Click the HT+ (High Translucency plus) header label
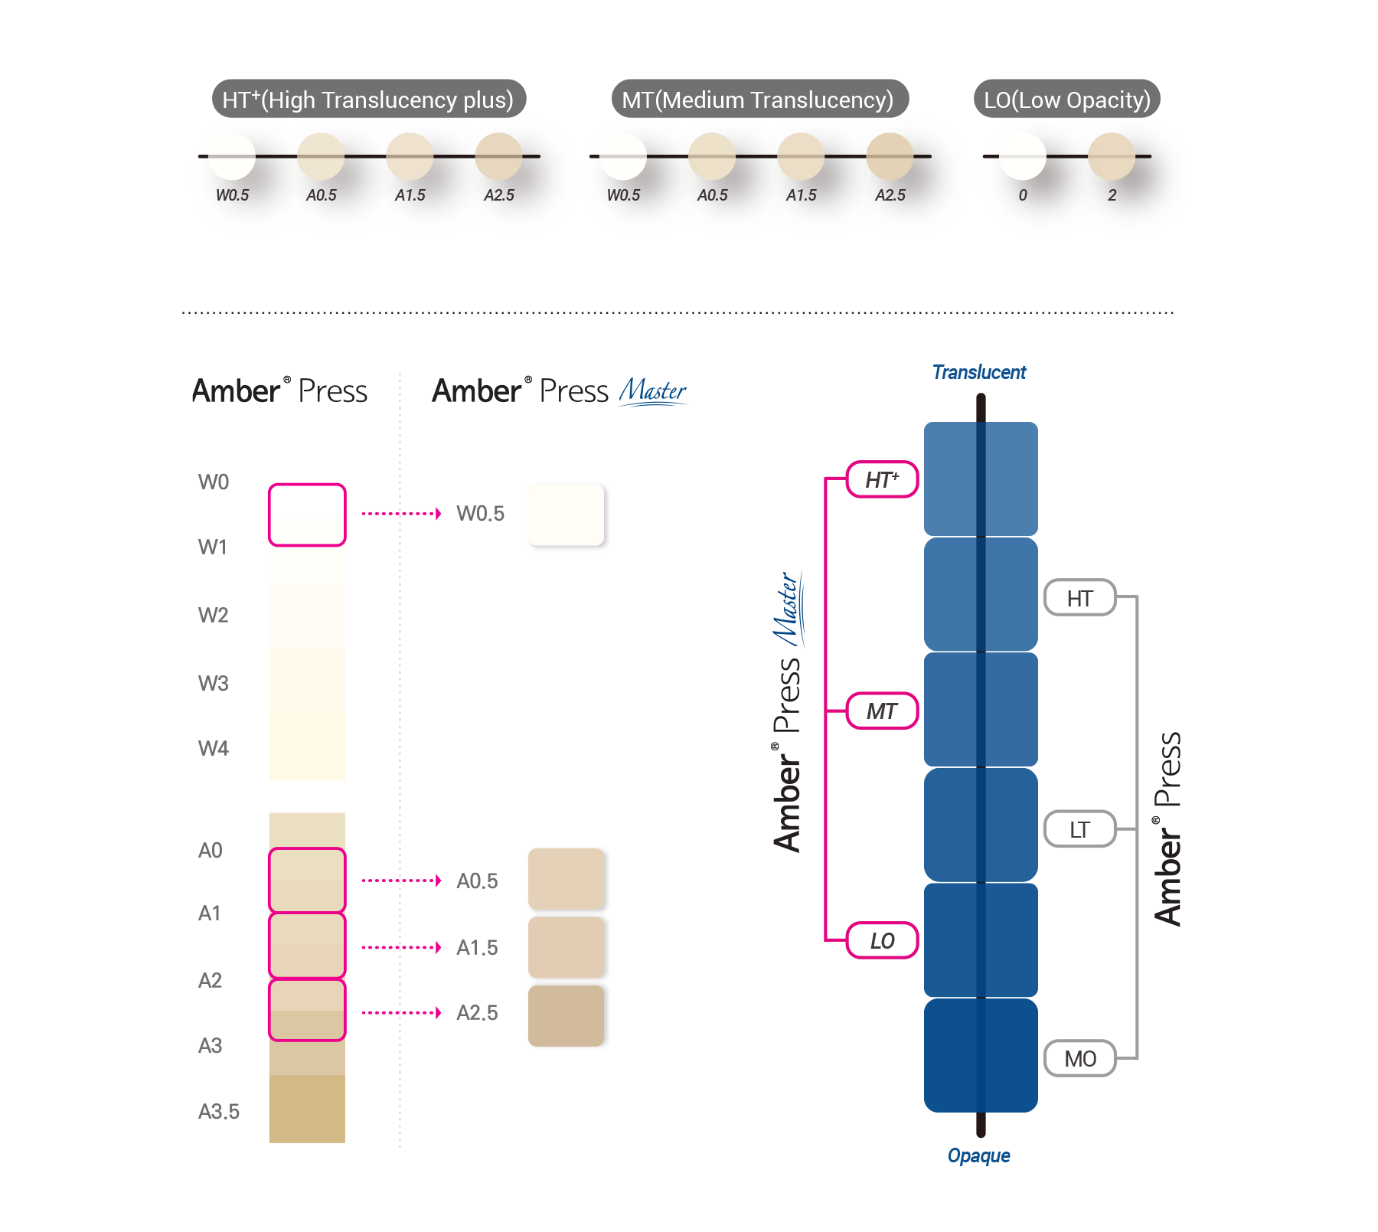(x=368, y=100)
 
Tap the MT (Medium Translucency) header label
(x=758, y=100)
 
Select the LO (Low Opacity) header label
(x=1067, y=100)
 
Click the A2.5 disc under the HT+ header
(x=498, y=156)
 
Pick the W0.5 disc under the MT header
(x=623, y=156)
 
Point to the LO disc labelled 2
(x=1111, y=156)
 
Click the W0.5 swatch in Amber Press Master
(x=567, y=515)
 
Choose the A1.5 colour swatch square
(x=567, y=947)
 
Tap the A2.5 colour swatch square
(x=567, y=1015)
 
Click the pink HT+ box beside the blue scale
(x=882, y=480)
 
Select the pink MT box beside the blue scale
(x=882, y=711)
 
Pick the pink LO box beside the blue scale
(x=882, y=940)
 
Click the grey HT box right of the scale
(x=1079, y=598)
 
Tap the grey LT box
(x=1079, y=829)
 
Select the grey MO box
(x=1079, y=1058)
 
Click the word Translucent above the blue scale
(x=979, y=372)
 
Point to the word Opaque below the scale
(x=978, y=1155)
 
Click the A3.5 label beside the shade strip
(x=219, y=1111)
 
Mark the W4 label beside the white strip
(x=214, y=748)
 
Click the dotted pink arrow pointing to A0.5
(x=401, y=881)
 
